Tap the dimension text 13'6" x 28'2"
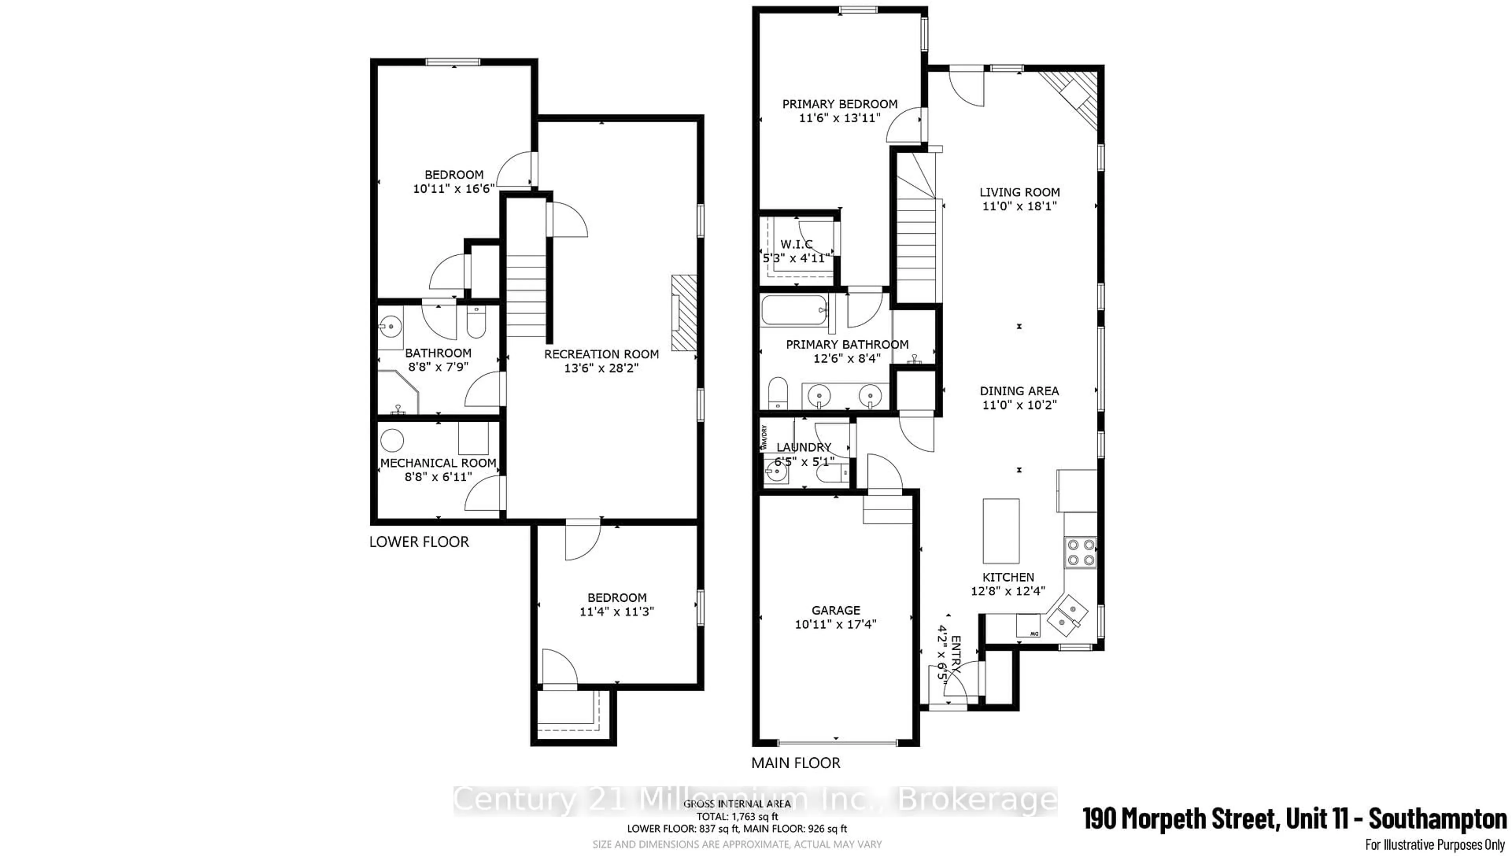point(601,368)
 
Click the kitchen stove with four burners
point(1081,552)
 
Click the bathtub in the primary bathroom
point(794,310)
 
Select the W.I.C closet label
point(796,244)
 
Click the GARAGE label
point(835,610)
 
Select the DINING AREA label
point(1019,391)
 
